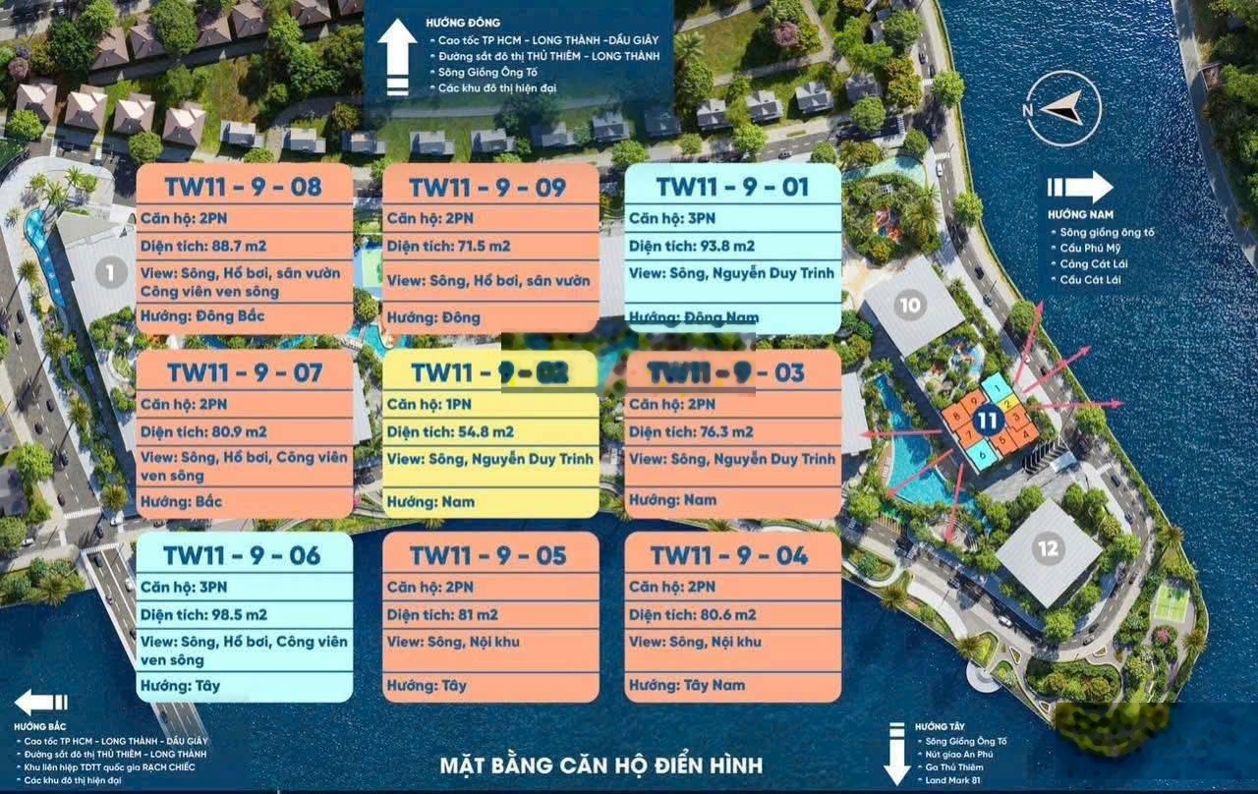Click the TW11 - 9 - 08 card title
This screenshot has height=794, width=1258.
pos(244,187)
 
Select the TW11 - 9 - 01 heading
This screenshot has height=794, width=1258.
pos(733,187)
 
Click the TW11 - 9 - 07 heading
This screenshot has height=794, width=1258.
pos(244,372)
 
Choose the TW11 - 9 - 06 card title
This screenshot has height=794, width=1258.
pos(244,556)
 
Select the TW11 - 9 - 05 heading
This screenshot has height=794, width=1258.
pos(488,556)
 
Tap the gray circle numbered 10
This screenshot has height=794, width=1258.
pos(910,305)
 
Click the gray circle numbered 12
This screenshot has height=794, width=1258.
pos(1048,548)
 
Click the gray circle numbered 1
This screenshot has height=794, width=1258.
pos(111,272)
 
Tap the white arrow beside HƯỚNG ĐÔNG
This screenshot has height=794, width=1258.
pos(398,58)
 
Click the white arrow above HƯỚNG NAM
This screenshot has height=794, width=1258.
pos(1078,188)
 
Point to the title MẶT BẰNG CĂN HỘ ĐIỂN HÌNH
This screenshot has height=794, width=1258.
pos(600,765)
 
